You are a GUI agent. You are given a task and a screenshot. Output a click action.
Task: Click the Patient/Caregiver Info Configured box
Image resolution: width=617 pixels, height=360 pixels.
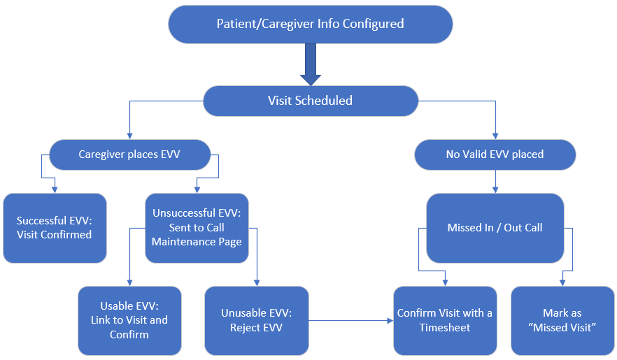(310, 24)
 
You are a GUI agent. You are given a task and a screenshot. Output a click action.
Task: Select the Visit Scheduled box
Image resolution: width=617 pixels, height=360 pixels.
(310, 101)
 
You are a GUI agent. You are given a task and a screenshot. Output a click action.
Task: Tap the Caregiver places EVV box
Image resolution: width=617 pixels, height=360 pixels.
(129, 154)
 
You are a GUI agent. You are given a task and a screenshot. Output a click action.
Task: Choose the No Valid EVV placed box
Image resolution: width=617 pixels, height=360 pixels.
(495, 154)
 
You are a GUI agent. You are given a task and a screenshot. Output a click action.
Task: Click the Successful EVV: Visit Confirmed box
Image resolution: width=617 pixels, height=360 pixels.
(54, 228)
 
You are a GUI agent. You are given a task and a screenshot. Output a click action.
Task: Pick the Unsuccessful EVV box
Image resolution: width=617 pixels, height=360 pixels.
(197, 228)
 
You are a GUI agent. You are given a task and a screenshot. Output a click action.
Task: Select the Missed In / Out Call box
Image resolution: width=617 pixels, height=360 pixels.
(495, 228)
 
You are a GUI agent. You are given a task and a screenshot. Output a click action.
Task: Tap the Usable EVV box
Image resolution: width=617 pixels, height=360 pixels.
(129, 320)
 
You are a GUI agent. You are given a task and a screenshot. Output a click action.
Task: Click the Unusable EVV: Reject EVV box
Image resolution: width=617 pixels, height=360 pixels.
(256, 320)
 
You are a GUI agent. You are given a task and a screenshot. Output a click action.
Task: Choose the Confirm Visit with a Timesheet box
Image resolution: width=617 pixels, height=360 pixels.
(445, 320)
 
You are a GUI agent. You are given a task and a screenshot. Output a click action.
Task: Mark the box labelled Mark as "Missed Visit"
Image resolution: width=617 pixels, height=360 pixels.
(562, 320)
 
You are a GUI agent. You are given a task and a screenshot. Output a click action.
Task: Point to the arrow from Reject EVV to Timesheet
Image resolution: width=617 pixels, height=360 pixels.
(350, 321)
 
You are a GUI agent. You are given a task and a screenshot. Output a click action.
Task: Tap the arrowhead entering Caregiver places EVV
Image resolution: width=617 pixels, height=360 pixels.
(129, 136)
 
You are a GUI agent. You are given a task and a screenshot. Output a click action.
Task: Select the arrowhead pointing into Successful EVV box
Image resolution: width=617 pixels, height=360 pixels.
(55, 189)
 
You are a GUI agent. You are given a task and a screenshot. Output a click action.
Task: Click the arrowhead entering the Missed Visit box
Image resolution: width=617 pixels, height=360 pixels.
(562, 282)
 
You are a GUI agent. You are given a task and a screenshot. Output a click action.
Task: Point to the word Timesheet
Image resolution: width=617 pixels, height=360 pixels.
(445, 328)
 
